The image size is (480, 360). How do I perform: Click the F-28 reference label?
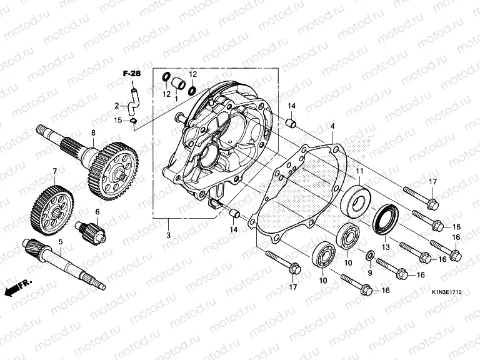click(131, 74)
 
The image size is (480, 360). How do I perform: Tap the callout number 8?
click(93, 132)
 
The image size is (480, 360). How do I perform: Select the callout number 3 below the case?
click(168, 235)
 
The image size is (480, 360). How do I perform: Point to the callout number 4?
click(332, 126)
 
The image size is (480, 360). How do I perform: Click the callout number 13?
click(386, 247)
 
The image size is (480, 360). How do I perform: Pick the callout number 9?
click(369, 272)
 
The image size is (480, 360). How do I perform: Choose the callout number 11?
click(359, 171)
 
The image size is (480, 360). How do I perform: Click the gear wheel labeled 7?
click(51, 207)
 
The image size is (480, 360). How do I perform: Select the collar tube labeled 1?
click(179, 82)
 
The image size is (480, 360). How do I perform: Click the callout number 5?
click(61, 241)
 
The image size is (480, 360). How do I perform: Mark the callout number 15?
click(117, 121)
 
